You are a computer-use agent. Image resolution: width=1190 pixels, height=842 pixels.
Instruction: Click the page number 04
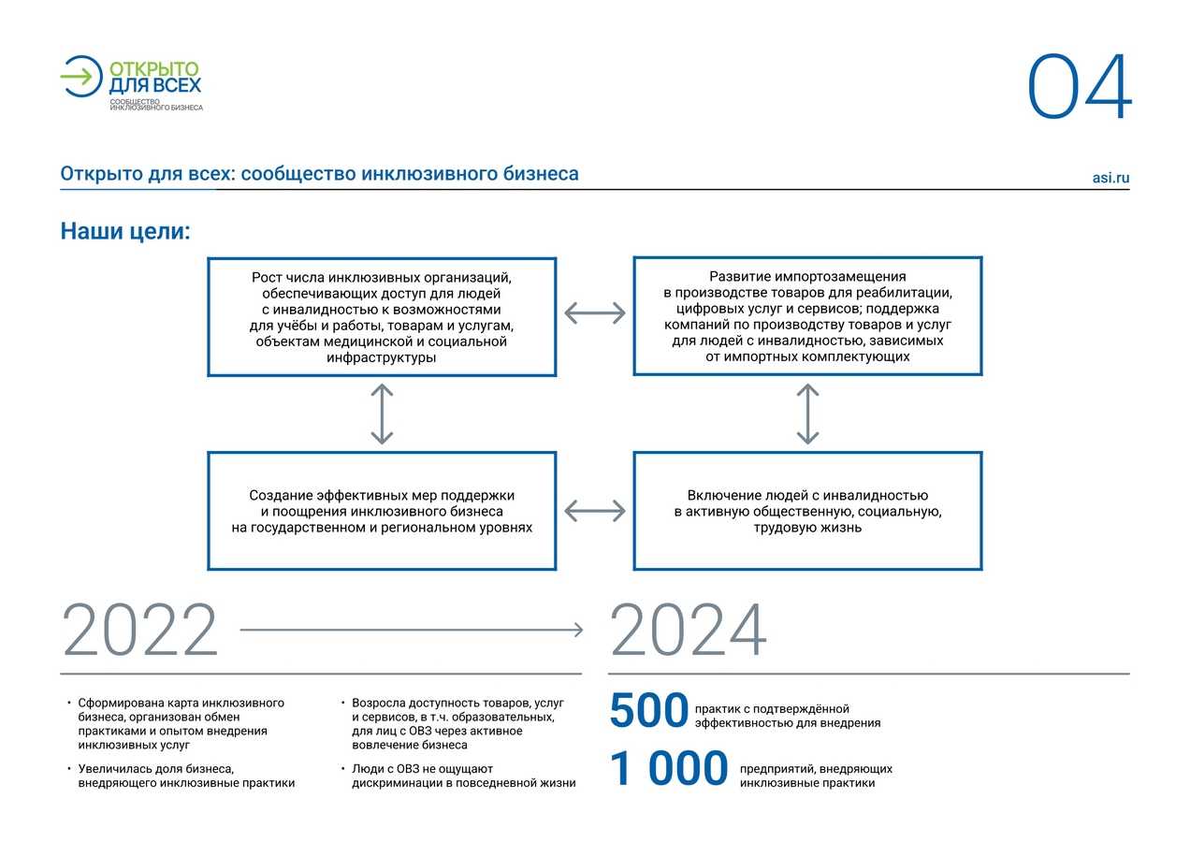(1081, 88)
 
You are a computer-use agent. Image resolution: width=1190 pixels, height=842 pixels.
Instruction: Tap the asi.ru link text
(1110, 178)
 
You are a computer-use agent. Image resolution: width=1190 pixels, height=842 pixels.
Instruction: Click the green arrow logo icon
(81, 76)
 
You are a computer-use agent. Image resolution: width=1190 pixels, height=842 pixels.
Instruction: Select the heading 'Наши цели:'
(125, 231)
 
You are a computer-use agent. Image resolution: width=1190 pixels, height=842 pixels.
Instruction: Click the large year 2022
(140, 631)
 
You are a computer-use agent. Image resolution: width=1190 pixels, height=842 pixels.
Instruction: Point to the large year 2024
(689, 631)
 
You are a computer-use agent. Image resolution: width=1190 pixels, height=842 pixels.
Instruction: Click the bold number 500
(648, 712)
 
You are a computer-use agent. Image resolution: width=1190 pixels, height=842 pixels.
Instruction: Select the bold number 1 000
(669, 770)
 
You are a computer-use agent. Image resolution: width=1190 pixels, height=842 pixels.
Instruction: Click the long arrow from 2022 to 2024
(412, 631)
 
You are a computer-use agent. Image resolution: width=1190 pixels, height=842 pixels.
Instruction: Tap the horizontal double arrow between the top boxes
(595, 313)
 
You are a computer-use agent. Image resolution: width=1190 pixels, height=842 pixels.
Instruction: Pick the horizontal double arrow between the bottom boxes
(595, 511)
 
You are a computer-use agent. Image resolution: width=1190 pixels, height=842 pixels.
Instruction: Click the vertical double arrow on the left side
(382, 414)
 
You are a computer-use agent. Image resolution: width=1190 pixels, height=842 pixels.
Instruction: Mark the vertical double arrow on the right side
(807, 414)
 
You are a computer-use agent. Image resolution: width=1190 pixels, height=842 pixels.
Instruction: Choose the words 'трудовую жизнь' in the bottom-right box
(807, 528)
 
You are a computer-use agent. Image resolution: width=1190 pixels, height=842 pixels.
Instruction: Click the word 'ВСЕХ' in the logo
(178, 85)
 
